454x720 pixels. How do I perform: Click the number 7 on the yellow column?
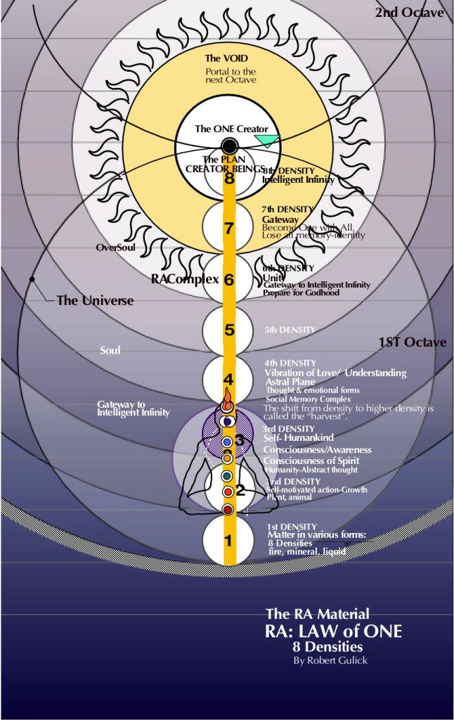pos(228,228)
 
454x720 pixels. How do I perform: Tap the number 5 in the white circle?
pos(228,329)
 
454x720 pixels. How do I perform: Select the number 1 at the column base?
pos(228,541)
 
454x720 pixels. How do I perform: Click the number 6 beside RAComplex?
pos(228,279)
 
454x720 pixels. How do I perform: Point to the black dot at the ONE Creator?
pos(229,146)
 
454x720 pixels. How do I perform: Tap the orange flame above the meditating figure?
pos(227,405)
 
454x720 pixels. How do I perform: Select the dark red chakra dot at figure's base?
pos(228,509)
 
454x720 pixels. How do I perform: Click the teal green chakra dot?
pos(227,476)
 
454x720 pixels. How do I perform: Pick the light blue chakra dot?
pos(227,441)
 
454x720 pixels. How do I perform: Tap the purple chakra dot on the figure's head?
pos(227,420)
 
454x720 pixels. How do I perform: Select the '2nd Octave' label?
pos(410,13)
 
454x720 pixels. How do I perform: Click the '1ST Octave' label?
pos(413,342)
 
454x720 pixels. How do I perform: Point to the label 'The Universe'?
pos(95,300)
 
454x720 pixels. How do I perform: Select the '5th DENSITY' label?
pos(290,329)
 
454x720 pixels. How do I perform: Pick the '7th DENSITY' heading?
pos(288,209)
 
